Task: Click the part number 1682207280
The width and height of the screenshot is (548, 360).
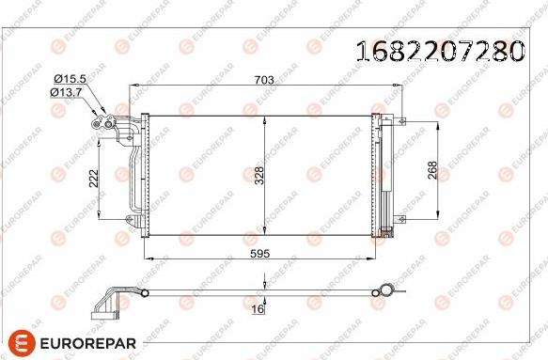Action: click(437, 52)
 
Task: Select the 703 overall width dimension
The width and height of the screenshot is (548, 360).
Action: click(264, 81)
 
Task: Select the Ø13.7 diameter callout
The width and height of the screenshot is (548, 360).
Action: click(69, 91)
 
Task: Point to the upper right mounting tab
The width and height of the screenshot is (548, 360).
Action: click(399, 119)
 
